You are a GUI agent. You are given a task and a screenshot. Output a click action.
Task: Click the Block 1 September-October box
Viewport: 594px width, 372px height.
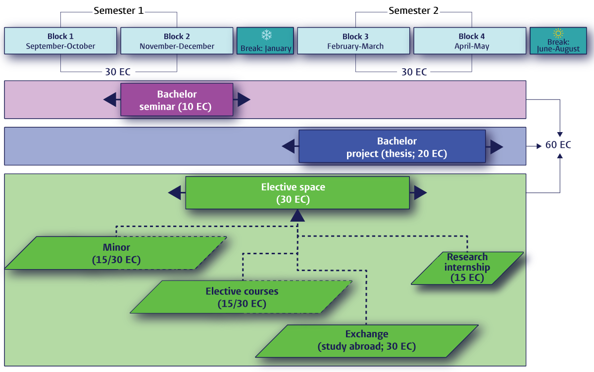click(x=60, y=41)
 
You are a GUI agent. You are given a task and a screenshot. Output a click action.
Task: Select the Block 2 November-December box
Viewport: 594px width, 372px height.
click(x=177, y=41)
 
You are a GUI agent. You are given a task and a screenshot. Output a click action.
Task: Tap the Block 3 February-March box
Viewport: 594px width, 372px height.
click(x=355, y=41)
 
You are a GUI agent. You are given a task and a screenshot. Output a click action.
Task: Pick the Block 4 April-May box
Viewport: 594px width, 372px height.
click(x=471, y=41)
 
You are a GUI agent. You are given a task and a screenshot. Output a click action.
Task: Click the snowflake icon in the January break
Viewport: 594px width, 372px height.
click(x=266, y=35)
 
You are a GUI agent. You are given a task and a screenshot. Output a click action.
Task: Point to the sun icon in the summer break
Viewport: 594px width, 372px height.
click(x=558, y=33)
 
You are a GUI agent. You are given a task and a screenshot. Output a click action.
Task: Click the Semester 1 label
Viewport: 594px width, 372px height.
click(x=118, y=10)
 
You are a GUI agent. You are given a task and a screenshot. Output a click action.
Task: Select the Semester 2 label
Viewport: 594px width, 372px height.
click(x=413, y=10)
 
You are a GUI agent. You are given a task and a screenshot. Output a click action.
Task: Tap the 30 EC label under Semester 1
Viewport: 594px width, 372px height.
click(x=118, y=72)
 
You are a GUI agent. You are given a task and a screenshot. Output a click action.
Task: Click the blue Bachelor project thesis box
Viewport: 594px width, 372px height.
click(x=392, y=146)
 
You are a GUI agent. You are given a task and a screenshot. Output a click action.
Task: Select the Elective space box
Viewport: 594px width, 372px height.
click(x=297, y=192)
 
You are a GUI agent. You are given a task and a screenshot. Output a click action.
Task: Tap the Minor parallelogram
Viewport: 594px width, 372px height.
click(x=116, y=253)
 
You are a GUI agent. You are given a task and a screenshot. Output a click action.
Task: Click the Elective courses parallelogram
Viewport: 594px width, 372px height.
click(x=242, y=297)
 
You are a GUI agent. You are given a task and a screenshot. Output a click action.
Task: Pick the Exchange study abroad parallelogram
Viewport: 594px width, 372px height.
click(x=366, y=340)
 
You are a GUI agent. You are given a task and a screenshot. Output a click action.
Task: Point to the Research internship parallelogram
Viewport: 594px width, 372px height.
click(x=467, y=268)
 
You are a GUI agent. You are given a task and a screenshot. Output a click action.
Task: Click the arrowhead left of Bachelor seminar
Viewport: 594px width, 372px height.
click(x=110, y=99)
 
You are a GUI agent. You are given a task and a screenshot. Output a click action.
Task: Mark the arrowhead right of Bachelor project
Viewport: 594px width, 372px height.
click(x=496, y=146)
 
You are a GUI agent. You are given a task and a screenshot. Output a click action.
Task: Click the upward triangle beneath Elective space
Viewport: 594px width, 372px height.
click(x=297, y=216)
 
